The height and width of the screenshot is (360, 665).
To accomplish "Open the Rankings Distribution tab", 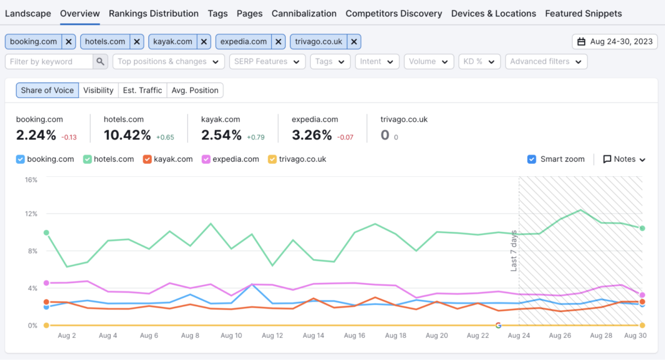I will pyautogui.click(x=154, y=13).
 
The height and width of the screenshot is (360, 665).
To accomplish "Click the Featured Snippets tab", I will pyautogui.click(x=583, y=13).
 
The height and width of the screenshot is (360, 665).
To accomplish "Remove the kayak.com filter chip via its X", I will pyautogui.click(x=204, y=42).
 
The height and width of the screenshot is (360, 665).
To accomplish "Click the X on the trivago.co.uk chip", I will pyautogui.click(x=354, y=42).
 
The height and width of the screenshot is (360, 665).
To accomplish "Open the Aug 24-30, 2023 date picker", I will pyautogui.click(x=615, y=42).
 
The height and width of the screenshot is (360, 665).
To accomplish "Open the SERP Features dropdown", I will pyautogui.click(x=267, y=61).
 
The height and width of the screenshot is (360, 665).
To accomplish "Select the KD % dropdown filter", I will pyautogui.click(x=479, y=61).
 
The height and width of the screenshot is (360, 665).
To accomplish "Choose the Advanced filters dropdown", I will pyautogui.click(x=546, y=61).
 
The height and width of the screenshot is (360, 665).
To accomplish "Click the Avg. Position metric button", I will pyautogui.click(x=195, y=90).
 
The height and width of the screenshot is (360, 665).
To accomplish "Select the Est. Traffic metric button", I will pyautogui.click(x=142, y=90).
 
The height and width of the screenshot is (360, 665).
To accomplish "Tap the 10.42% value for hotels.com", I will pyautogui.click(x=127, y=135).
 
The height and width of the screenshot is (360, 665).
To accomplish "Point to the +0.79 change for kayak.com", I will pyautogui.click(x=255, y=137).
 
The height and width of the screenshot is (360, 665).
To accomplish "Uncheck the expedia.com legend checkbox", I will pyautogui.click(x=206, y=159).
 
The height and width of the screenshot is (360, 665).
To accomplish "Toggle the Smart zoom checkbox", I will pyautogui.click(x=532, y=159).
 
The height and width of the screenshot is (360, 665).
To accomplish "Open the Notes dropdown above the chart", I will pyautogui.click(x=624, y=159).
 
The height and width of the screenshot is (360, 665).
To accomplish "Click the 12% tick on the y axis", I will pyautogui.click(x=30, y=214).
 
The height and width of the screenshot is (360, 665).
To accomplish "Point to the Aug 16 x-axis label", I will pyautogui.click(x=354, y=336).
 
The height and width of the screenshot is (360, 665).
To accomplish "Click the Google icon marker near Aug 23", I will pyautogui.click(x=498, y=326).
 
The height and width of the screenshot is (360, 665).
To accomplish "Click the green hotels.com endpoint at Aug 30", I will pyautogui.click(x=642, y=228).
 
